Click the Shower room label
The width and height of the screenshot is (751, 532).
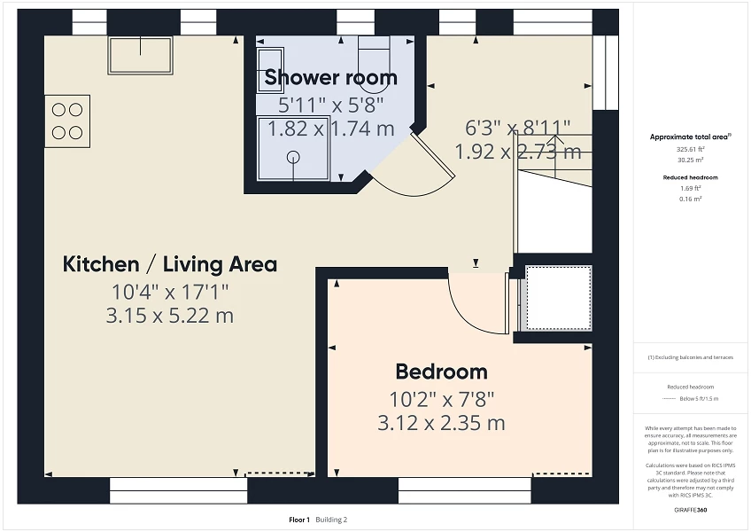coord(330,77)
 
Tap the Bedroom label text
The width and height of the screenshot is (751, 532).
coord(441,372)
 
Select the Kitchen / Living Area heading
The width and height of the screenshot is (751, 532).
coord(170,264)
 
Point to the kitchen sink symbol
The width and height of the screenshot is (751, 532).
coord(140,55)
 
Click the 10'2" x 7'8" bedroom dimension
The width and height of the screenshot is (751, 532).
coord(441,399)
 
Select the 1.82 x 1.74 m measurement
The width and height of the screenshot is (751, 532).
coord(330,129)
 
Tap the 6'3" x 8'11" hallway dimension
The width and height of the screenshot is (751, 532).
coord(518,128)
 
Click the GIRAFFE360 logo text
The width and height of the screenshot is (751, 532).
coord(690,510)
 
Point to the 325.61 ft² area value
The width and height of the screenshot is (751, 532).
coord(690,150)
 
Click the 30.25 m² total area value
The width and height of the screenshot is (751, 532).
coord(690,160)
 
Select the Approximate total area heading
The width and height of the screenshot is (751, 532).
coord(690,137)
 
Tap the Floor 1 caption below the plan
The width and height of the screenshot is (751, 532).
coord(299,520)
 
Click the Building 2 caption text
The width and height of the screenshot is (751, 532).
coord(332,520)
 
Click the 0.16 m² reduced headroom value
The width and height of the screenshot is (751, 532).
coord(690,199)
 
